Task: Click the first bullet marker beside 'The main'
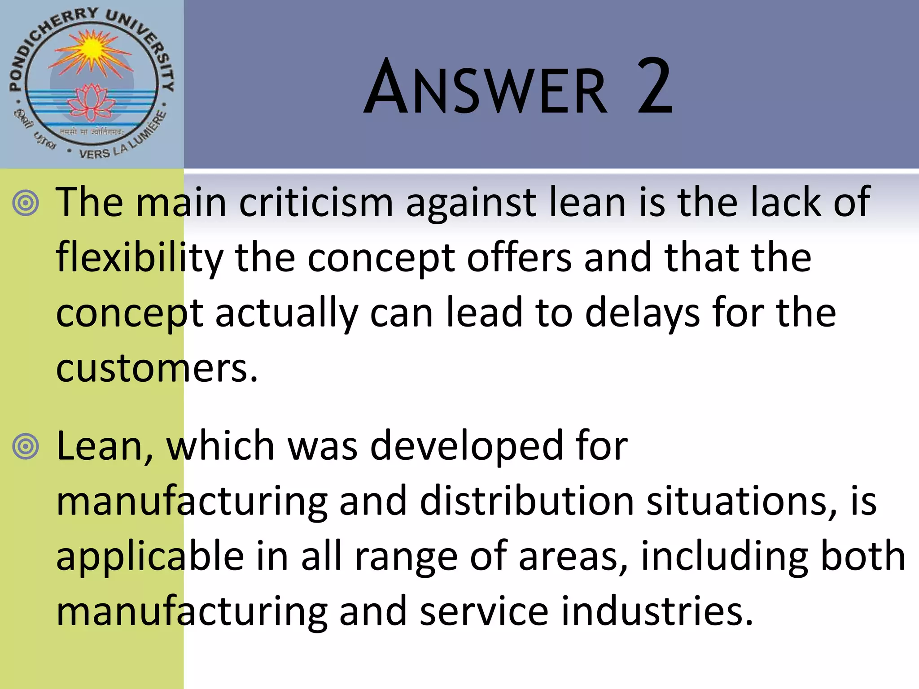(26, 203)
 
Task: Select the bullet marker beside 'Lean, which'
(26, 447)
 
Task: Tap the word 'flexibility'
(139, 258)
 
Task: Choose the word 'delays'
(642, 313)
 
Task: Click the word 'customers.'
(157, 368)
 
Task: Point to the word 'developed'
(467, 446)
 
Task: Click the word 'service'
(484, 611)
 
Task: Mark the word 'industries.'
(657, 611)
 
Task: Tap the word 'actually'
(287, 314)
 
